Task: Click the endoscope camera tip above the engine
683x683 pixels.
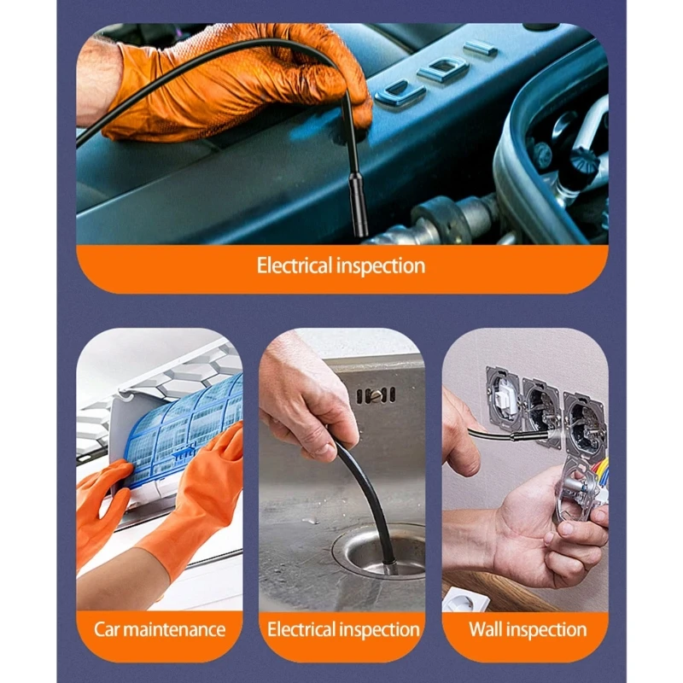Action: point(359,205)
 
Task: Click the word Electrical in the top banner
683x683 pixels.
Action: point(295,266)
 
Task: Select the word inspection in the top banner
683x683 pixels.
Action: point(382,266)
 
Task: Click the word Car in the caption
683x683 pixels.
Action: point(106,629)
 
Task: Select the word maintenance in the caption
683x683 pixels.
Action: point(174,630)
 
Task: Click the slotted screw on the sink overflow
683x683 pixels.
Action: point(376,395)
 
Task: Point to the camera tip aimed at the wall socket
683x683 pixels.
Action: point(530,435)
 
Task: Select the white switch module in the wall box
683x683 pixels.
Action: point(505,396)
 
